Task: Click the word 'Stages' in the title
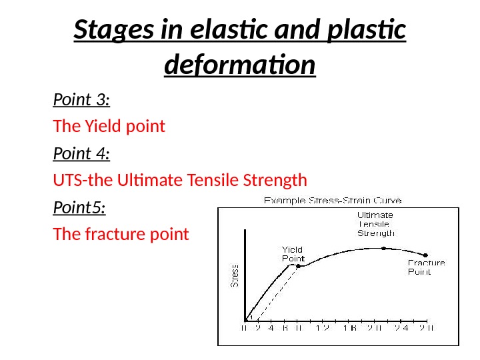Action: tap(107, 31)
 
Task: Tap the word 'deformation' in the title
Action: tap(239, 65)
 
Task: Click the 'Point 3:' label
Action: tap(81, 100)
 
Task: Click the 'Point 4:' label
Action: tap(81, 154)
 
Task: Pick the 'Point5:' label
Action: tap(79, 208)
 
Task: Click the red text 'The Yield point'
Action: tap(109, 127)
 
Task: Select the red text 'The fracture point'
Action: tap(121, 235)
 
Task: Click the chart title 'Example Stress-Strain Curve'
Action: tap(333, 200)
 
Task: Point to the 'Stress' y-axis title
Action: tap(235, 275)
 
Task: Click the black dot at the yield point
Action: tap(298, 266)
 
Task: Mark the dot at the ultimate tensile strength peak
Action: tap(383, 248)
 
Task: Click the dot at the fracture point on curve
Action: tap(426, 255)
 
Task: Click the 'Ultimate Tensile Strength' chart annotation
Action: tap(375, 224)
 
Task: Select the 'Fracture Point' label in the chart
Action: tap(426, 267)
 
